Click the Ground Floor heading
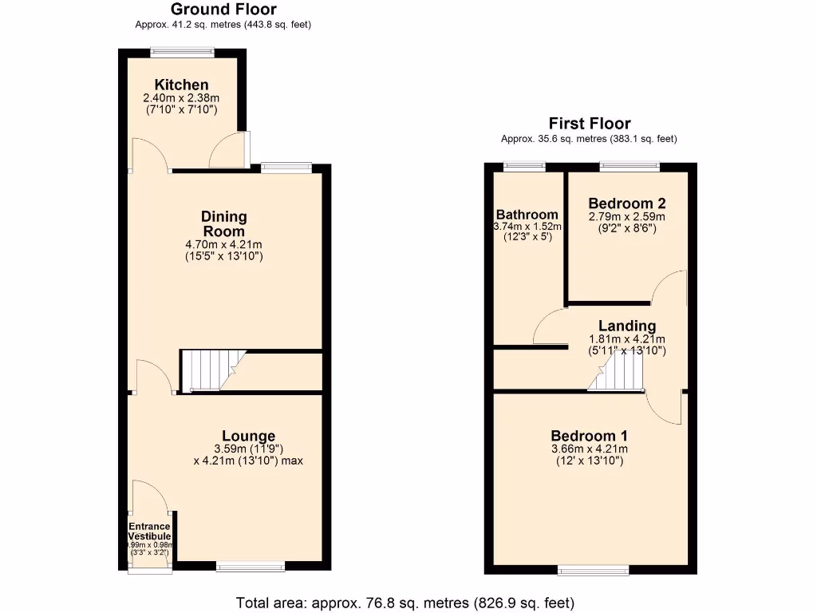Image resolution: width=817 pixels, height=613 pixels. click(223, 10)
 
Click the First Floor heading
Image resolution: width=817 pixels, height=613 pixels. click(590, 123)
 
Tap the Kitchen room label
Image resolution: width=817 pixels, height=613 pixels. click(182, 85)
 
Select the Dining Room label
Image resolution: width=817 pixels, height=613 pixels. click(224, 223)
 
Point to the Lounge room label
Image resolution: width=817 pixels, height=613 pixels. click(248, 436)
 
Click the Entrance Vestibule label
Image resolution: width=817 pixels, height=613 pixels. click(150, 532)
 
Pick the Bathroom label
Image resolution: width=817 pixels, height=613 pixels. click(527, 215)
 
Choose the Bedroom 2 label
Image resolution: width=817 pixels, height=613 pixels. click(626, 203)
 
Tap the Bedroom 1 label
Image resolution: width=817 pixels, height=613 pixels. click(589, 436)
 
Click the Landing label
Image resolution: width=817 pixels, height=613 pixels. click(627, 326)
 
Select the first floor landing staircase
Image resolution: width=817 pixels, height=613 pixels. click(616, 373)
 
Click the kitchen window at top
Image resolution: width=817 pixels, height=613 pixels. click(183, 53)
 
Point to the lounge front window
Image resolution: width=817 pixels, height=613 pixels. click(250, 568)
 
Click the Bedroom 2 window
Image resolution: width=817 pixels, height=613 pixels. click(630, 167)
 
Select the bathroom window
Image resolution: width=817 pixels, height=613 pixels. click(524, 167)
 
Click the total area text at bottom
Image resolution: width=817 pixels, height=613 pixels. click(405, 602)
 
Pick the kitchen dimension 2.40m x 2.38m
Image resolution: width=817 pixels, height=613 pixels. click(180, 98)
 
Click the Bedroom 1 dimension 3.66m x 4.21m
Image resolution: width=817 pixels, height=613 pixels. click(589, 449)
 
